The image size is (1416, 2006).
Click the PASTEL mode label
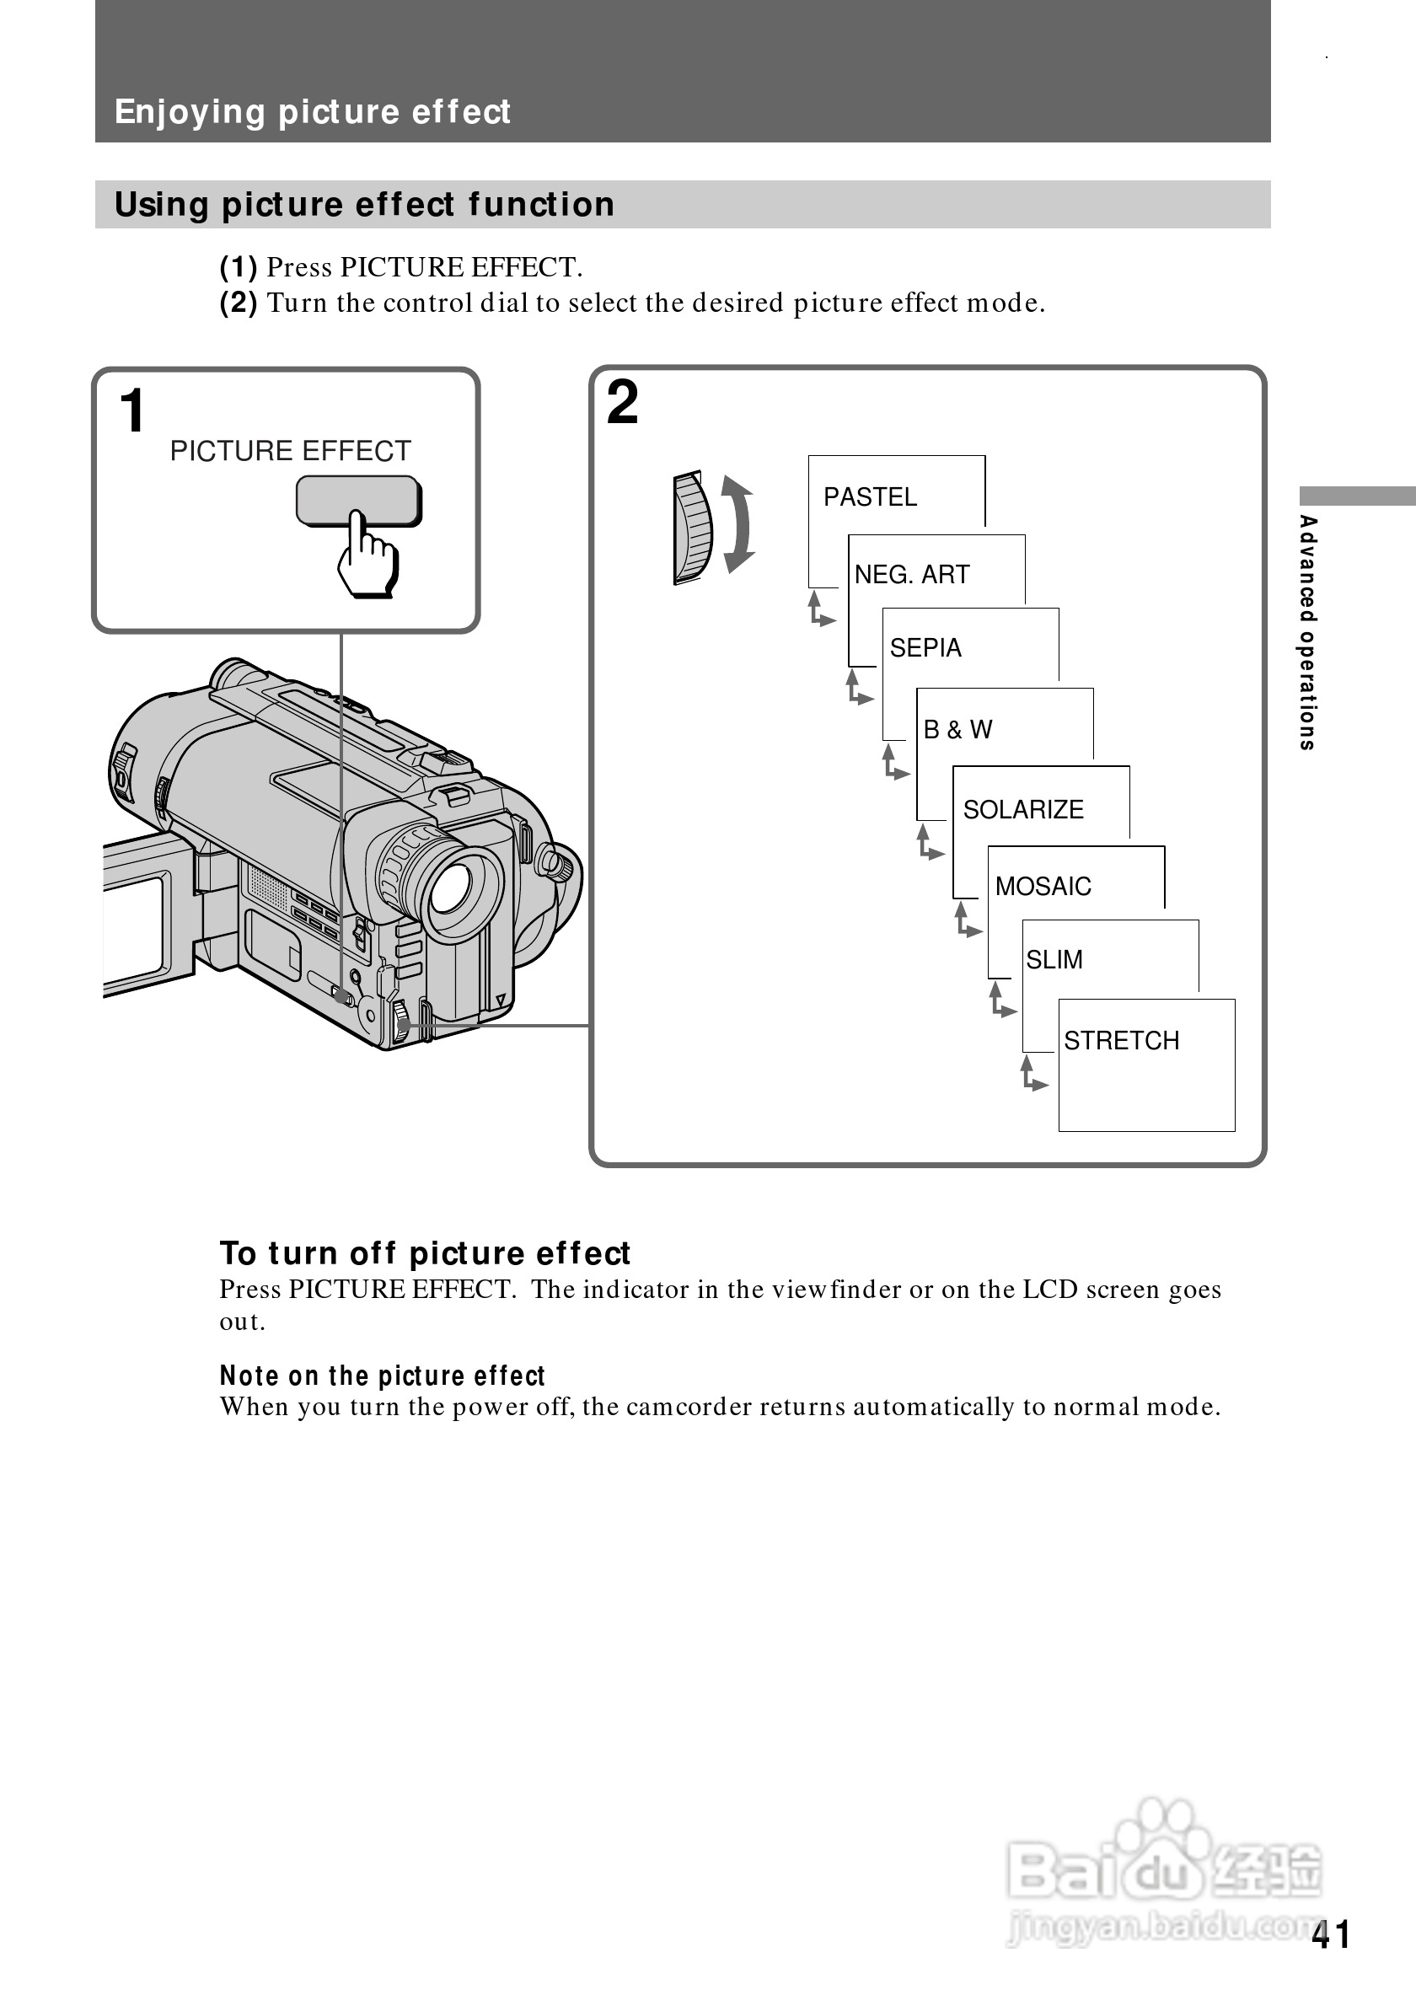click(x=870, y=497)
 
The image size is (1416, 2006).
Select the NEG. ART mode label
click(x=912, y=575)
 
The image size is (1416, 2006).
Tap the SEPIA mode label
click(x=925, y=648)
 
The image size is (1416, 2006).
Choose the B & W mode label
click(x=958, y=730)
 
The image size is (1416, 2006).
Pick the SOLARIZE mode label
click(x=1023, y=810)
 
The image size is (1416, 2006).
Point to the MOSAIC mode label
click(x=1043, y=887)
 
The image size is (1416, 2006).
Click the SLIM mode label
click(x=1054, y=960)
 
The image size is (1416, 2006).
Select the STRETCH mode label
click(x=1122, y=1041)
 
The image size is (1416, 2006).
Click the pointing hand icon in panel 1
click(x=367, y=555)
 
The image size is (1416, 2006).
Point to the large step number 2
click(x=623, y=403)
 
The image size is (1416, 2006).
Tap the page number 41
click(x=1330, y=1934)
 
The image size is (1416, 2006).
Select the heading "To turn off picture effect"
click(x=425, y=1252)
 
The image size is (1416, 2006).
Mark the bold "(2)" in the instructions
click(x=239, y=303)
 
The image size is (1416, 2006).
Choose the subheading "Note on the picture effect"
click(x=382, y=1376)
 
